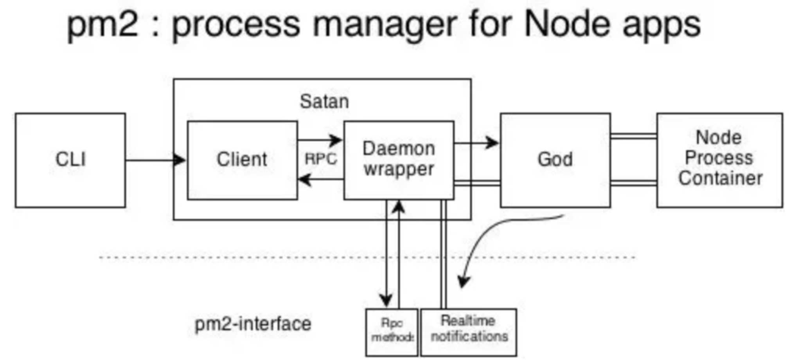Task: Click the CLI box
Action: [x=70, y=160]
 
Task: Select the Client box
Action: [x=242, y=160]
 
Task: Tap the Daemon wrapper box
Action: [x=399, y=160]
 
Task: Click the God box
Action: [x=555, y=160]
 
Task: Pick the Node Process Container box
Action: [x=719, y=160]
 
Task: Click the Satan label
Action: [x=324, y=102]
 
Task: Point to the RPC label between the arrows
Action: [x=321, y=159]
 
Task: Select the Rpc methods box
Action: [x=392, y=332]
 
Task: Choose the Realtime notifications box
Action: [x=469, y=332]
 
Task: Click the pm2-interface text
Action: [x=253, y=324]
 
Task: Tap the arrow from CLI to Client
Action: [x=155, y=160]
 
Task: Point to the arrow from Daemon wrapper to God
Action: [x=476, y=143]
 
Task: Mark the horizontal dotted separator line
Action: [x=235, y=257]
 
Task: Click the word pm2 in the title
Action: [x=102, y=24]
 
